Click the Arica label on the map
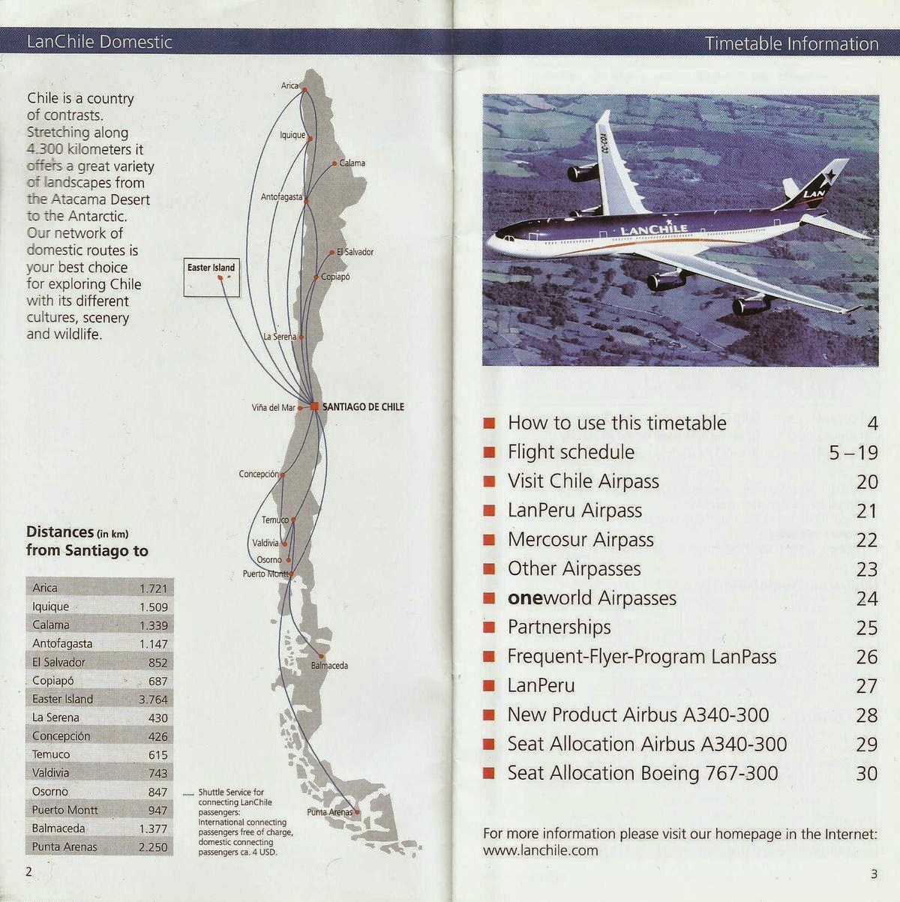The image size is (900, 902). point(289,85)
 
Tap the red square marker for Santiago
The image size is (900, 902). point(313,406)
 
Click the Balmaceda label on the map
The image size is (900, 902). point(329,665)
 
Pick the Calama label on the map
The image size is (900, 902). point(352,163)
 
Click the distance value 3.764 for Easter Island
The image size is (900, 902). point(153,700)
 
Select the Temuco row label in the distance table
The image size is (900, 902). point(51,754)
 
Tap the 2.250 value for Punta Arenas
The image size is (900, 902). point(153,847)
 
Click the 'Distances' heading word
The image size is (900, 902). point(59,532)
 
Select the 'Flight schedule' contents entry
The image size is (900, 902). point(571,452)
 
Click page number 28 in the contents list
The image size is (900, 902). point(866,715)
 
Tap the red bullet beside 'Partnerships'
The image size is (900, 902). point(490,628)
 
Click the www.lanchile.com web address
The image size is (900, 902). point(540,850)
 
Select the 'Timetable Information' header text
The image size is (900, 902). point(791,43)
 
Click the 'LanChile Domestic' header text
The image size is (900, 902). point(100,42)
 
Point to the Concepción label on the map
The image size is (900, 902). point(259,474)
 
